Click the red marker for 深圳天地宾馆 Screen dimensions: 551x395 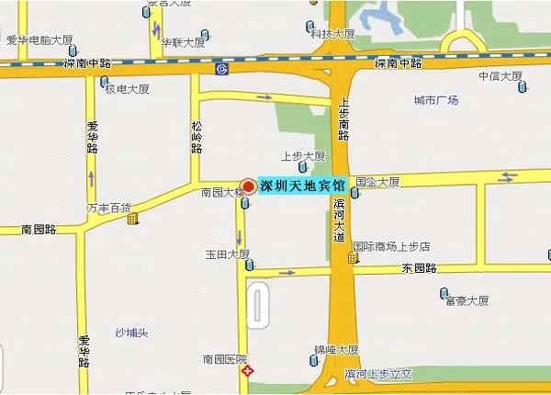(247, 185)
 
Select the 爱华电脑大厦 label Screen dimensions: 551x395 (39, 39)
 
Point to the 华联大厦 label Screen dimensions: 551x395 (183, 42)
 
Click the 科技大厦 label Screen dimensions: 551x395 (332, 34)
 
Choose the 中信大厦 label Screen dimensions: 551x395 (500, 76)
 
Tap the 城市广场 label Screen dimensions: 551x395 (435, 100)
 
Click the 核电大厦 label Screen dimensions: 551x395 (127, 89)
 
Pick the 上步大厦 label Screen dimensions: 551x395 (303, 155)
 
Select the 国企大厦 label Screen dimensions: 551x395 (377, 182)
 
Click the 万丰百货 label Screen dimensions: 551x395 (108, 208)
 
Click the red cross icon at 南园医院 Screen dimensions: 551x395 (245, 372)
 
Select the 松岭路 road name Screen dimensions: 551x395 (197, 136)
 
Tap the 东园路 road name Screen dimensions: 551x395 (419, 268)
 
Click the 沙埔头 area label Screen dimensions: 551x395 (131, 332)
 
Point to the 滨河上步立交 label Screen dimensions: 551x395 (377, 374)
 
